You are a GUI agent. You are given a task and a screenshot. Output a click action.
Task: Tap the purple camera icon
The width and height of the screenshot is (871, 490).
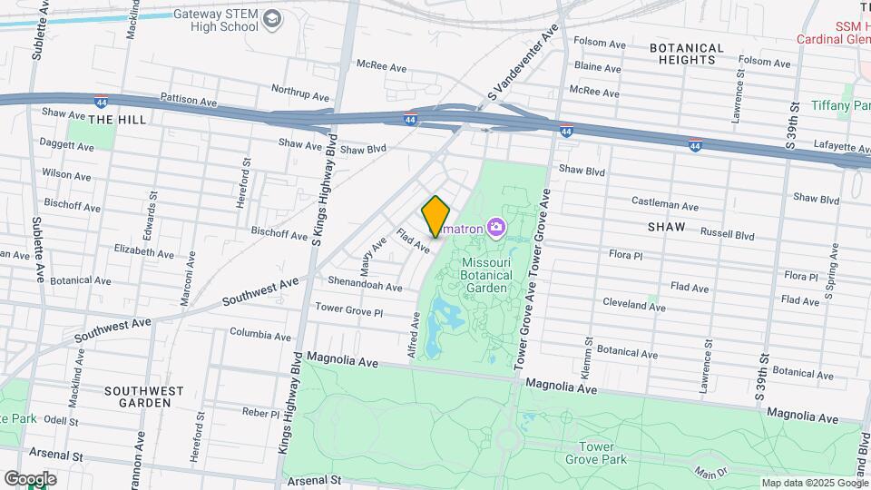[x=496, y=227]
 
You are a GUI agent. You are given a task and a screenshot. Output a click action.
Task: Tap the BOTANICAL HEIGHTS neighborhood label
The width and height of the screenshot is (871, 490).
[x=687, y=54]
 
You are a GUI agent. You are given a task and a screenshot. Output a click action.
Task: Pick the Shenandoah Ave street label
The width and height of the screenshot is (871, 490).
[x=365, y=286]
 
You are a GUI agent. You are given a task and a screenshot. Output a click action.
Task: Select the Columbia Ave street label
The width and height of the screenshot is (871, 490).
[x=260, y=334]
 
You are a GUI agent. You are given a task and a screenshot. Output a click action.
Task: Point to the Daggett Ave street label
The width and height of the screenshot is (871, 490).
[x=66, y=143]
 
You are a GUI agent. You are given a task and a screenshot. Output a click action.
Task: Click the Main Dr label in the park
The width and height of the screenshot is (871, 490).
[x=711, y=471]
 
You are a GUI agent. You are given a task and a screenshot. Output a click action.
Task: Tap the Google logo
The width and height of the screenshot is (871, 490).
[x=30, y=479]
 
